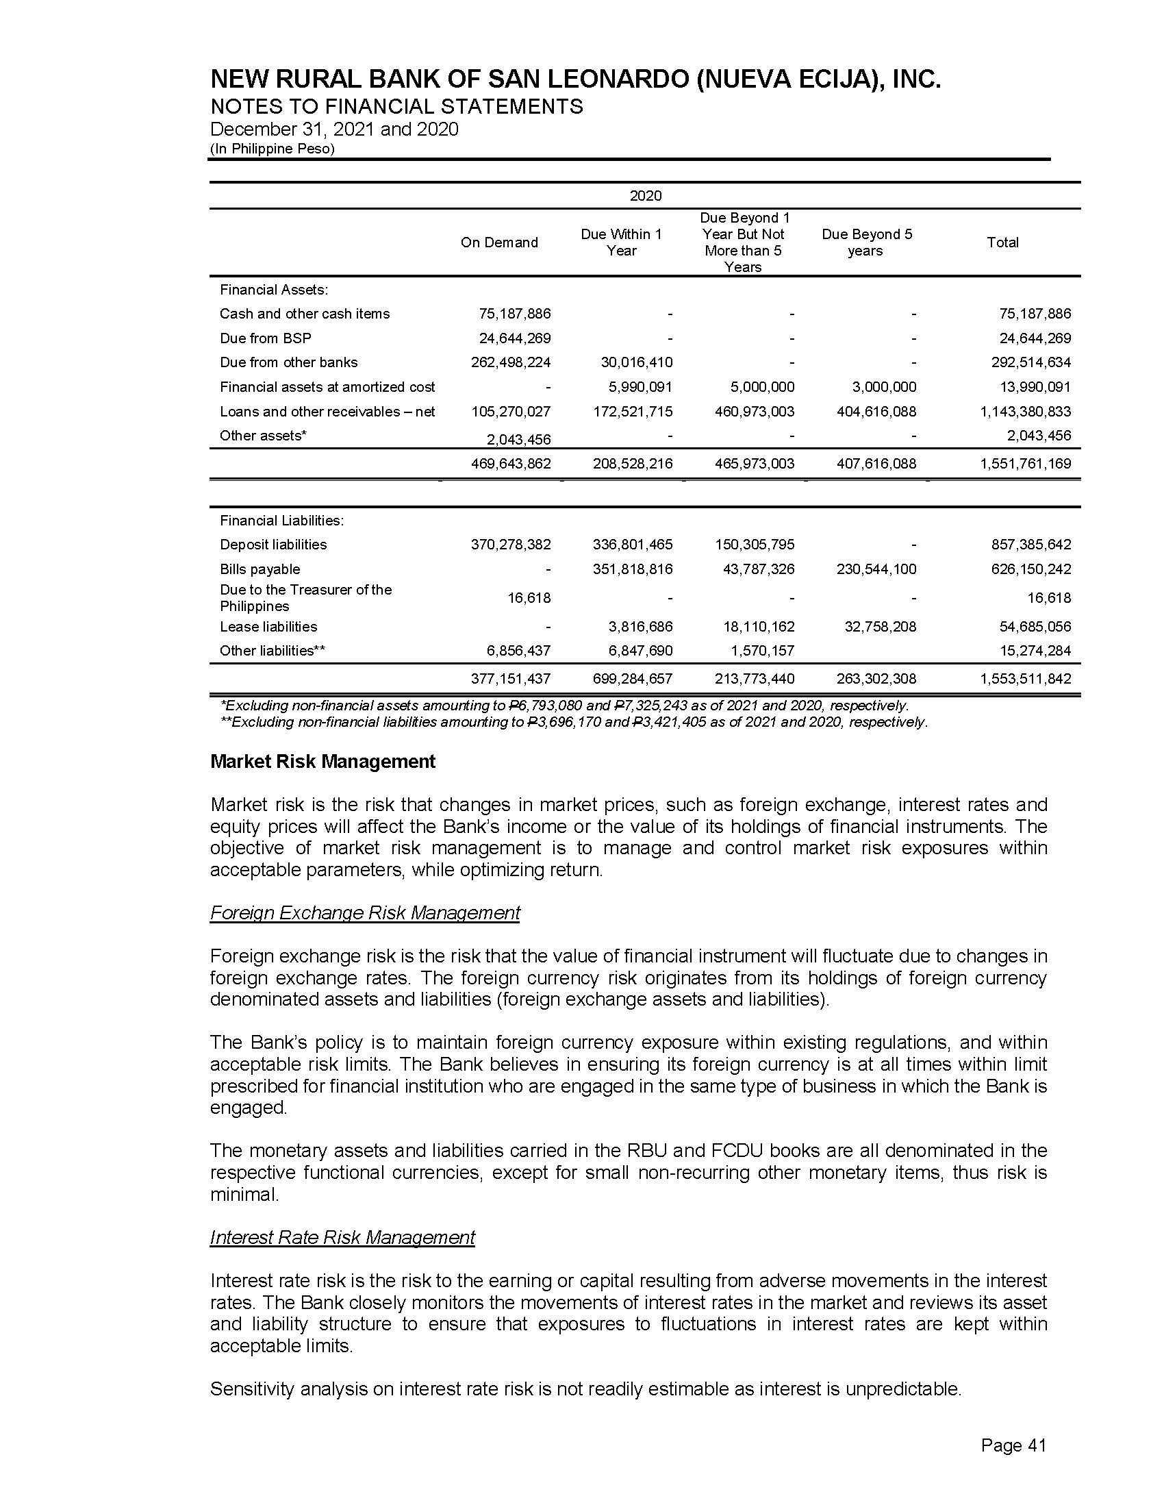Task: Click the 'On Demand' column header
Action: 498,242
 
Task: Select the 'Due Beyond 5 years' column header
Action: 866,242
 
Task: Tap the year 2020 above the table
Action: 646,196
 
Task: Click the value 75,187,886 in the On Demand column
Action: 514,314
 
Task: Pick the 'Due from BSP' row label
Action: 266,338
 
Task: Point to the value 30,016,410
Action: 633,362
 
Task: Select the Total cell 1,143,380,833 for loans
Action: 1026,412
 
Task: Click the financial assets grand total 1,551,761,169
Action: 1026,464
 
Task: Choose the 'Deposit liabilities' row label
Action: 273,545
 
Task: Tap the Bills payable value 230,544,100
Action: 876,569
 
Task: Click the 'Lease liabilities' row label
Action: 268,627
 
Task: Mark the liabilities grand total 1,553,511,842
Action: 1026,679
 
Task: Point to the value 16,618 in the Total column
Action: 1049,598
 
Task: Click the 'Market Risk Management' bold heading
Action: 322,762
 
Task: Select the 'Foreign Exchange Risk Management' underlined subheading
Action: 365,913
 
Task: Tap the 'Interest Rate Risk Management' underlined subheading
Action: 342,1237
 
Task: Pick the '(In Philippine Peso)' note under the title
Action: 273,149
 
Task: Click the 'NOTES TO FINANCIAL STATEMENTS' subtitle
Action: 396,107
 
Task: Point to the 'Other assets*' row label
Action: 263,436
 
